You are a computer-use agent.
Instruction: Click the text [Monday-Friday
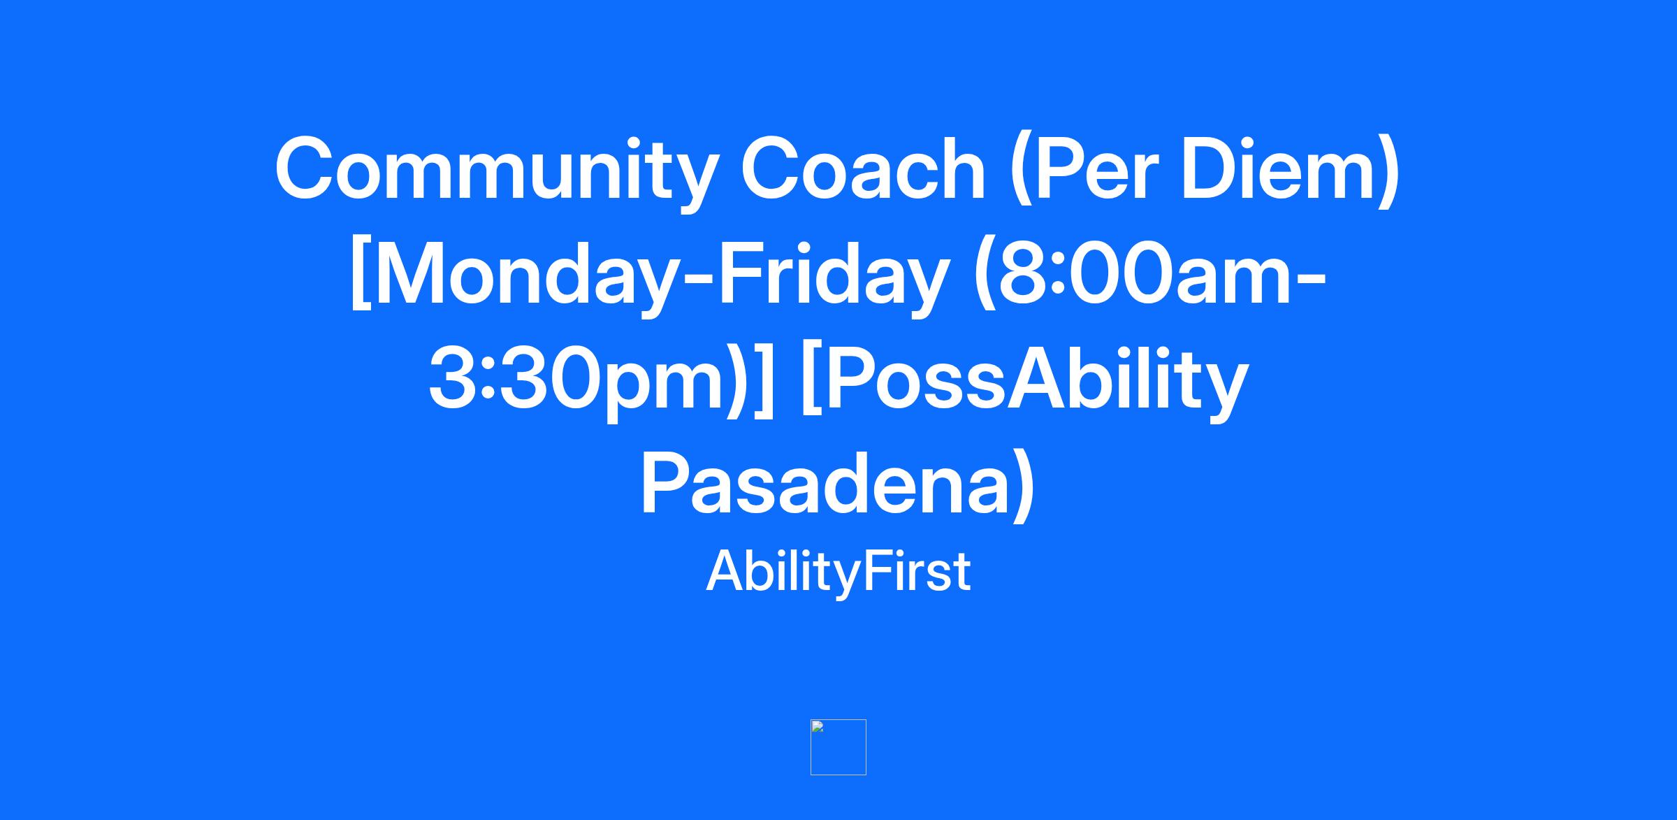[x=648, y=276]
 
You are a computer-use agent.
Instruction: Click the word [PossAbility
[x=1024, y=380]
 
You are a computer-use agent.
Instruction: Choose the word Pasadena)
[x=838, y=482]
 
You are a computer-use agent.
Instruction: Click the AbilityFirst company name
[x=838, y=572]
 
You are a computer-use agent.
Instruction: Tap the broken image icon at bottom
[x=838, y=747]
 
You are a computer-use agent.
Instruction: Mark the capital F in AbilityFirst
[x=879, y=571]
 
